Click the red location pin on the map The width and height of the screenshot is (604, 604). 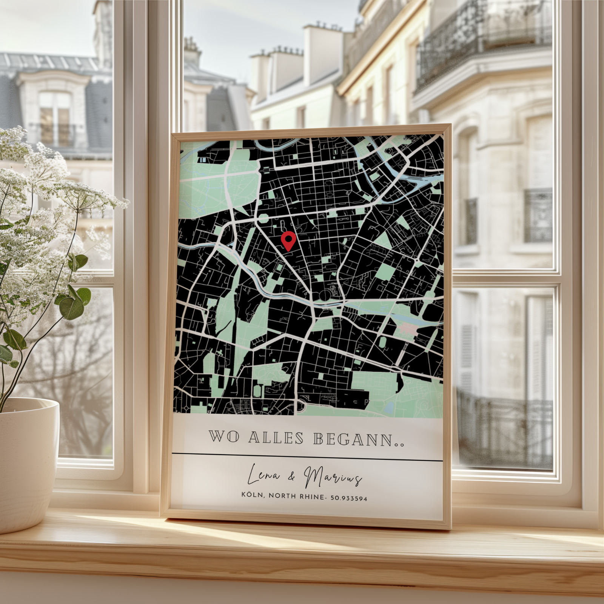(x=289, y=240)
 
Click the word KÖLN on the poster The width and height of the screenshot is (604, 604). (x=252, y=495)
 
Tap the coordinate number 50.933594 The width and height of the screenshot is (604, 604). (x=348, y=498)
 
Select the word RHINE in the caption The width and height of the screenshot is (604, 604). (x=312, y=497)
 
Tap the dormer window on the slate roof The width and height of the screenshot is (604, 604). (x=55, y=113)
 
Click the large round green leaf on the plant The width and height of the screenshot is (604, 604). (x=72, y=308)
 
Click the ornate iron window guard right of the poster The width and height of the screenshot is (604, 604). (x=538, y=215)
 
